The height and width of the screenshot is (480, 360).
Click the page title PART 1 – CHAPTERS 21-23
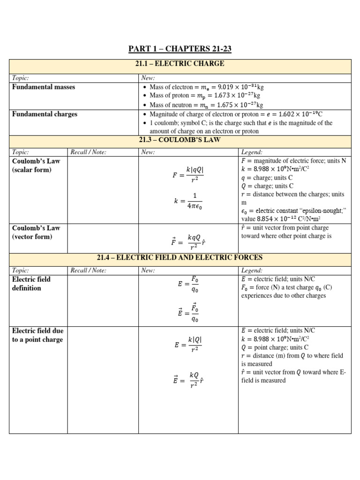[x=180, y=49]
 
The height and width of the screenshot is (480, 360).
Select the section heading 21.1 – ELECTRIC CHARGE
[x=180, y=64]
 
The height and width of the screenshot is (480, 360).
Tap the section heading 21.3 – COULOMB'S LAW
[x=180, y=140]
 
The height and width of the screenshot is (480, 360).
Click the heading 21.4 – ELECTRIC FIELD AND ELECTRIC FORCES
[x=180, y=257]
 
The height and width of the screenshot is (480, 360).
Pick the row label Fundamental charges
[x=45, y=114]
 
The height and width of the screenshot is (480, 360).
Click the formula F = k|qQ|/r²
[x=188, y=175]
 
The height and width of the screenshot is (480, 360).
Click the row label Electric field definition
[x=31, y=284]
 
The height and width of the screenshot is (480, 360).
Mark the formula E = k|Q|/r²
[x=188, y=344]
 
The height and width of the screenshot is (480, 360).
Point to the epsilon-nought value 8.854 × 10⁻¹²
[x=276, y=219]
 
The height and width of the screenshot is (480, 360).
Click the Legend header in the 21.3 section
[x=252, y=152]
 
